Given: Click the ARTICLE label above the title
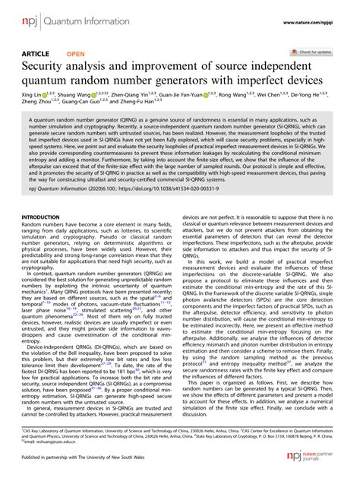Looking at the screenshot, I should [35, 55].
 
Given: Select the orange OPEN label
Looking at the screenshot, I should [76, 55].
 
